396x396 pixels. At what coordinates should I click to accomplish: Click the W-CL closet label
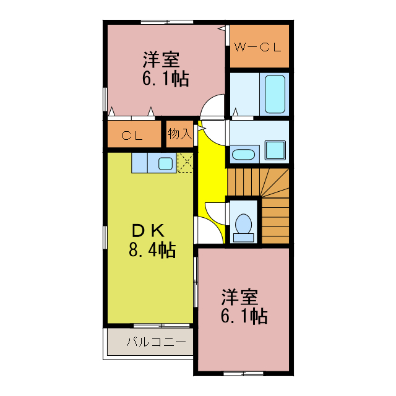(x=259, y=47)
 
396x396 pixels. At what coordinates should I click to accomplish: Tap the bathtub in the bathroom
(x=275, y=94)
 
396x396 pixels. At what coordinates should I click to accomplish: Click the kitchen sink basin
(x=165, y=163)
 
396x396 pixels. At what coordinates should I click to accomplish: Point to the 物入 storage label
(x=179, y=134)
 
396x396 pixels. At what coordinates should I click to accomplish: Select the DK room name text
(x=148, y=231)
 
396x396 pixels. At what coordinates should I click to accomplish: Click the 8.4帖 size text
(x=152, y=250)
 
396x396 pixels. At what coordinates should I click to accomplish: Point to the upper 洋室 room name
(x=161, y=60)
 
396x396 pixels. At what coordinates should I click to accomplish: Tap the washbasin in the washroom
(x=244, y=154)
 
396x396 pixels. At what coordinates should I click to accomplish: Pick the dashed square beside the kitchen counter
(x=185, y=162)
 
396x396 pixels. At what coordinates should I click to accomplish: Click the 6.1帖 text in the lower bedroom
(x=244, y=316)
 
